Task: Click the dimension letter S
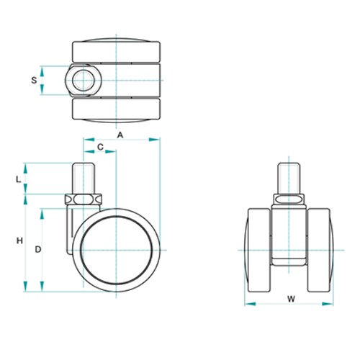[34, 80]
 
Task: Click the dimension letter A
[120, 135]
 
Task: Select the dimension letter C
[100, 147]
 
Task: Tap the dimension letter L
[18, 179]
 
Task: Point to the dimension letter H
[19, 240]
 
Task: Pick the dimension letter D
[38, 250]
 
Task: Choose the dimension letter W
[291, 299]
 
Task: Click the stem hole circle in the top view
[84, 81]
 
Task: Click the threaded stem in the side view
[84, 178]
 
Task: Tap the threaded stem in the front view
[289, 178]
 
